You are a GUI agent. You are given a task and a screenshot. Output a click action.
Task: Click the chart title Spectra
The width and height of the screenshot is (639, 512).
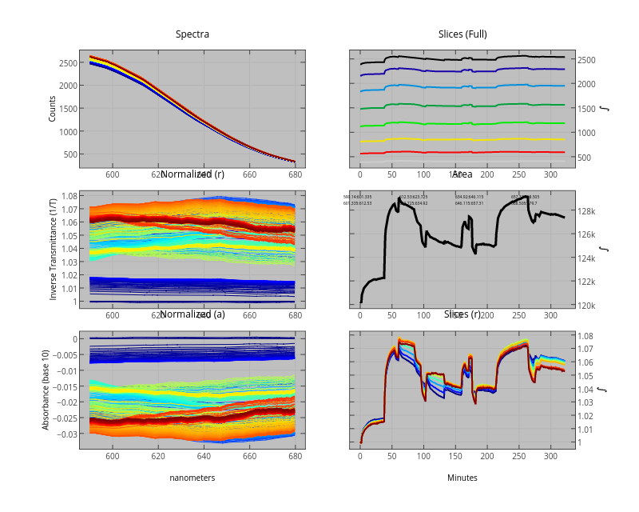(x=192, y=34)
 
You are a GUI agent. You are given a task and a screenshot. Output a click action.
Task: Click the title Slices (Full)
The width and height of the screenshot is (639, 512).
(x=462, y=34)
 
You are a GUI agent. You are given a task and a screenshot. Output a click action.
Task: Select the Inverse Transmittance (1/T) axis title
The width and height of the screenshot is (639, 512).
(x=53, y=248)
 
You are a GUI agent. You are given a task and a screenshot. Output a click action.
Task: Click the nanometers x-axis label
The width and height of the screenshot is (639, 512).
(x=192, y=478)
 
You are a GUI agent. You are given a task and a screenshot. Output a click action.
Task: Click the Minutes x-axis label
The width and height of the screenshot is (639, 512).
(x=462, y=478)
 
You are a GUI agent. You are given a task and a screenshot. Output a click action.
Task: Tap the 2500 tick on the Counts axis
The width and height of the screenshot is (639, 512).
(x=66, y=63)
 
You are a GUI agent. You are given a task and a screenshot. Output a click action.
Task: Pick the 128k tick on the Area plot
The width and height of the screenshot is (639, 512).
(x=593, y=211)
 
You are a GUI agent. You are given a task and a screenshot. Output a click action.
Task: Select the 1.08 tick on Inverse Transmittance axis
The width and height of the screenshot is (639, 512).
(x=68, y=196)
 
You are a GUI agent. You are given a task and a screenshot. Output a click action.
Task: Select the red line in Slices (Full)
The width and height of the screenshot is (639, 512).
(x=479, y=151)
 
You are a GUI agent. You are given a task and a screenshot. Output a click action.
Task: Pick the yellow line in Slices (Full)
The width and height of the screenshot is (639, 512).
(x=479, y=138)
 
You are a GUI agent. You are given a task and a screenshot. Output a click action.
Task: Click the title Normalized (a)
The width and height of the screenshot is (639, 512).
(x=192, y=314)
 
